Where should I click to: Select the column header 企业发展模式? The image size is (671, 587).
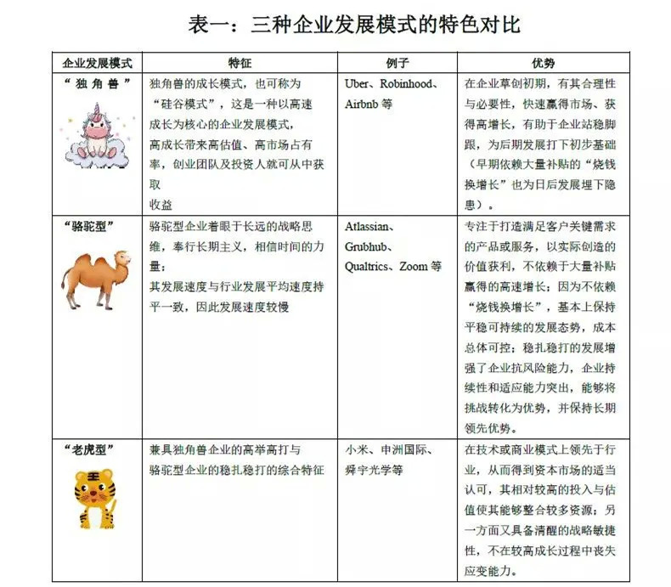pyautogui.click(x=98, y=63)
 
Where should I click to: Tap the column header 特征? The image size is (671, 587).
pyautogui.click(x=240, y=63)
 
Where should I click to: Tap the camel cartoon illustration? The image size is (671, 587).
pyautogui.click(x=95, y=277)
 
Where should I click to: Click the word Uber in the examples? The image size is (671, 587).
pyautogui.click(x=359, y=85)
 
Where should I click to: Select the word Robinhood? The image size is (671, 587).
pyautogui.click(x=409, y=85)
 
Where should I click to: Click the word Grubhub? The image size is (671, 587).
pyautogui.click(x=368, y=246)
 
